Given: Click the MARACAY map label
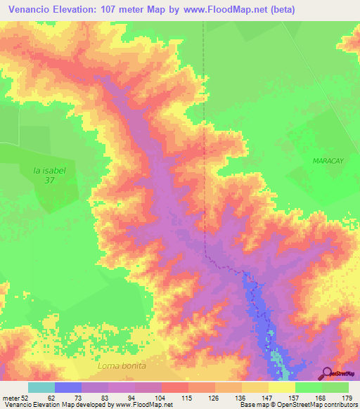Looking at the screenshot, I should pos(326,161).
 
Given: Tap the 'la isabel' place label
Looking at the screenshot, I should pos(48,169).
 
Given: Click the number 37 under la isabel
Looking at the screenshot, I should pos(49,180).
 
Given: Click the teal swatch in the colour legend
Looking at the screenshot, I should pos(41,387).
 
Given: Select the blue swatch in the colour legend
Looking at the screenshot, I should pos(68,387).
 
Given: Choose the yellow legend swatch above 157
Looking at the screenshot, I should pos(281,387).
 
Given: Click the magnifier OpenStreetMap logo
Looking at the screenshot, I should pos(327,373).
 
